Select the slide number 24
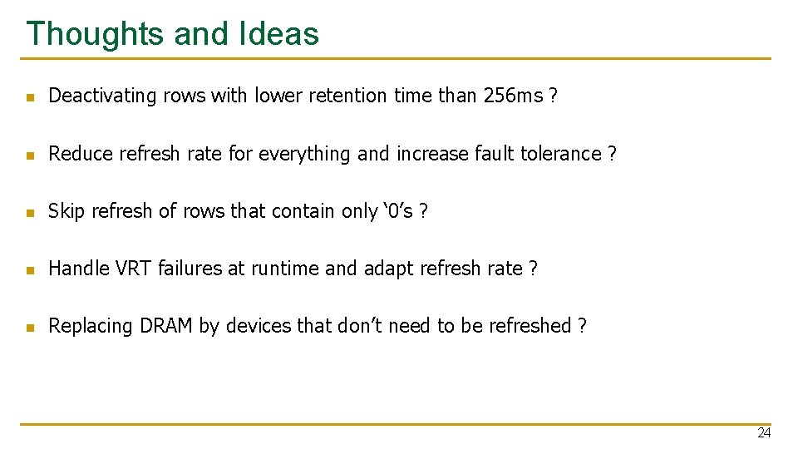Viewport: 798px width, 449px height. pyautogui.click(x=764, y=433)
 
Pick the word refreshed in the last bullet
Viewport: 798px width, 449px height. pyautogui.click(x=530, y=326)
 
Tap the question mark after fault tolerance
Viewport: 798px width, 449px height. pyautogui.click(x=613, y=154)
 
